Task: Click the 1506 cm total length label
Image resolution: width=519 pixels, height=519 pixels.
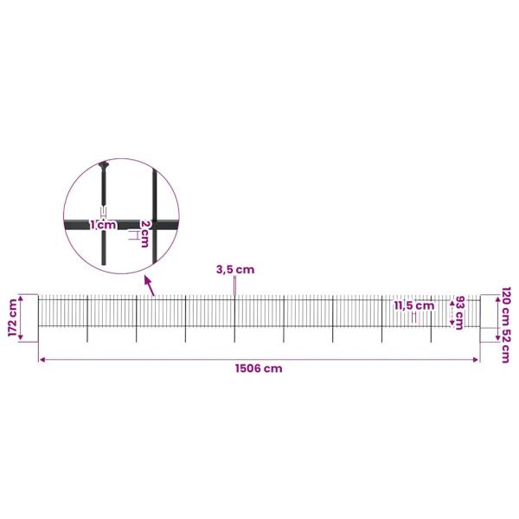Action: click(x=259, y=368)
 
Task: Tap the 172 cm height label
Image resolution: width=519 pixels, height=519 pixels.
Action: click(x=13, y=317)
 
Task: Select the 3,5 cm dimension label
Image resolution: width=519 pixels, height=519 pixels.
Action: click(x=235, y=269)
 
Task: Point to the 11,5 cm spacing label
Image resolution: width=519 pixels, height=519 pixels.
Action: click(x=414, y=305)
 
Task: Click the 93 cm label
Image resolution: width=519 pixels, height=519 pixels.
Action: click(x=459, y=313)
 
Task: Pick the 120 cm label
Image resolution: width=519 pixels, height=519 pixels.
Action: click(x=506, y=306)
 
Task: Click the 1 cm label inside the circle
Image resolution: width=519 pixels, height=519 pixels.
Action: click(x=103, y=225)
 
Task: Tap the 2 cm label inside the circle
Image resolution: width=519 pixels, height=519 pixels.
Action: click(x=145, y=234)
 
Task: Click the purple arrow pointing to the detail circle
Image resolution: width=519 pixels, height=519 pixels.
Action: click(x=150, y=286)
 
